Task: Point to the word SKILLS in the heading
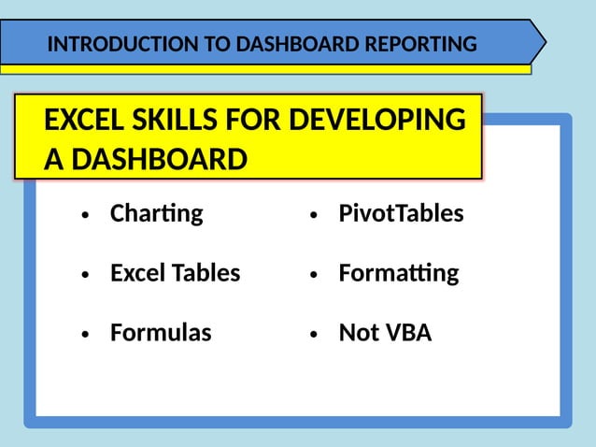coord(182,121)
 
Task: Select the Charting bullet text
coord(156,213)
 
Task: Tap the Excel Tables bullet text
coord(175,273)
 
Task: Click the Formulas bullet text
coord(161,332)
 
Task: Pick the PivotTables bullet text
coord(401,213)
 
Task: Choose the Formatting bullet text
coord(399,273)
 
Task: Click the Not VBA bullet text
coord(385,332)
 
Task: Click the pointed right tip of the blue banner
coord(544,42)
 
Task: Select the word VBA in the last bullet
coord(407,332)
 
